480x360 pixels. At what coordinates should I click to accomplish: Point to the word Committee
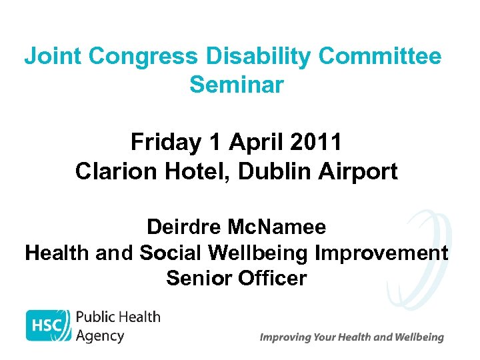pos(380,57)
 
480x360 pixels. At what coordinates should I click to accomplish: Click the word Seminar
pos(237,85)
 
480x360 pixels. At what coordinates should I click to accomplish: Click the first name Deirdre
pos(183,227)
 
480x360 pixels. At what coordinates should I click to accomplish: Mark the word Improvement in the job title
pos(381,253)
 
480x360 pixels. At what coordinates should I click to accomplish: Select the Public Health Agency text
pos(117,326)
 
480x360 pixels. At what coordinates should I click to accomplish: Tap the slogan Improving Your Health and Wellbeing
pos(351,337)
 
